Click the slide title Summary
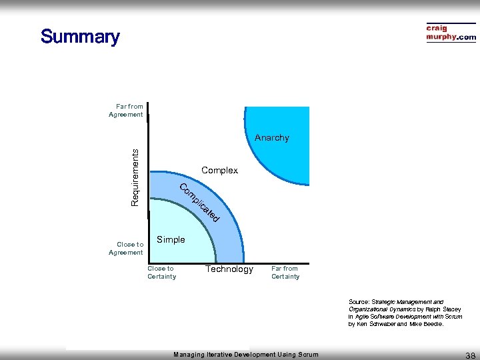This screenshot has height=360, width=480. tap(79, 37)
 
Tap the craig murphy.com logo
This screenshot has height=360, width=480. tap(451, 33)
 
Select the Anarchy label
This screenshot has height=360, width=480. tap(272, 138)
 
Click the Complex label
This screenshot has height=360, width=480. tap(219, 171)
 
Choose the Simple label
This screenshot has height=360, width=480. tap(171, 240)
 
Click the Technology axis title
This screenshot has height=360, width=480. tap(229, 269)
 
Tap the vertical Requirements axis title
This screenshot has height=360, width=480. tap(135, 177)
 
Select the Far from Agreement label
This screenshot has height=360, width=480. tap(126, 111)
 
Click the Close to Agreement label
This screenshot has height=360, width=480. tap(126, 249)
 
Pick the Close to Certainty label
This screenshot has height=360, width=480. tap(161, 273)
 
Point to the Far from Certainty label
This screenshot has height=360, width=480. tap(285, 273)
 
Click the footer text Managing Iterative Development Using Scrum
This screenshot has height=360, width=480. tap(246, 355)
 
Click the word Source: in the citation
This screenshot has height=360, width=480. tap(359, 302)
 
